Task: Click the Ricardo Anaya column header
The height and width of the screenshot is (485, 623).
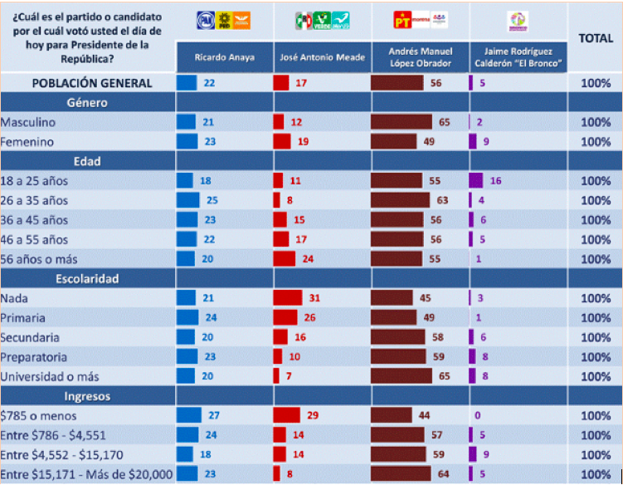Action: (x=223, y=56)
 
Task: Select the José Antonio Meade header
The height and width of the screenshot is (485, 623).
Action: (x=322, y=56)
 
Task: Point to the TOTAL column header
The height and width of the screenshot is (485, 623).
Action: (x=596, y=38)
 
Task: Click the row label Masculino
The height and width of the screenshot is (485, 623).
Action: (x=28, y=122)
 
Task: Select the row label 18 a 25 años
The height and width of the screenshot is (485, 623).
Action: (x=35, y=181)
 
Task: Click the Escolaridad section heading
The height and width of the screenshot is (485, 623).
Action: (x=88, y=279)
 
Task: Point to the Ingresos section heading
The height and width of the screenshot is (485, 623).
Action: (x=88, y=396)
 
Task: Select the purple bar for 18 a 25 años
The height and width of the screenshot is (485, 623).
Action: (x=475, y=181)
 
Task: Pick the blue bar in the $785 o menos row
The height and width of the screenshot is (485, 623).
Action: (x=188, y=415)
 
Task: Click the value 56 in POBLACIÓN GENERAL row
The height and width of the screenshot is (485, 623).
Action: (x=435, y=83)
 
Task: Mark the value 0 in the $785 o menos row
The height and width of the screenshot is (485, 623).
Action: (x=479, y=415)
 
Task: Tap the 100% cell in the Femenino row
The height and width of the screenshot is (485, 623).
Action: (x=596, y=142)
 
